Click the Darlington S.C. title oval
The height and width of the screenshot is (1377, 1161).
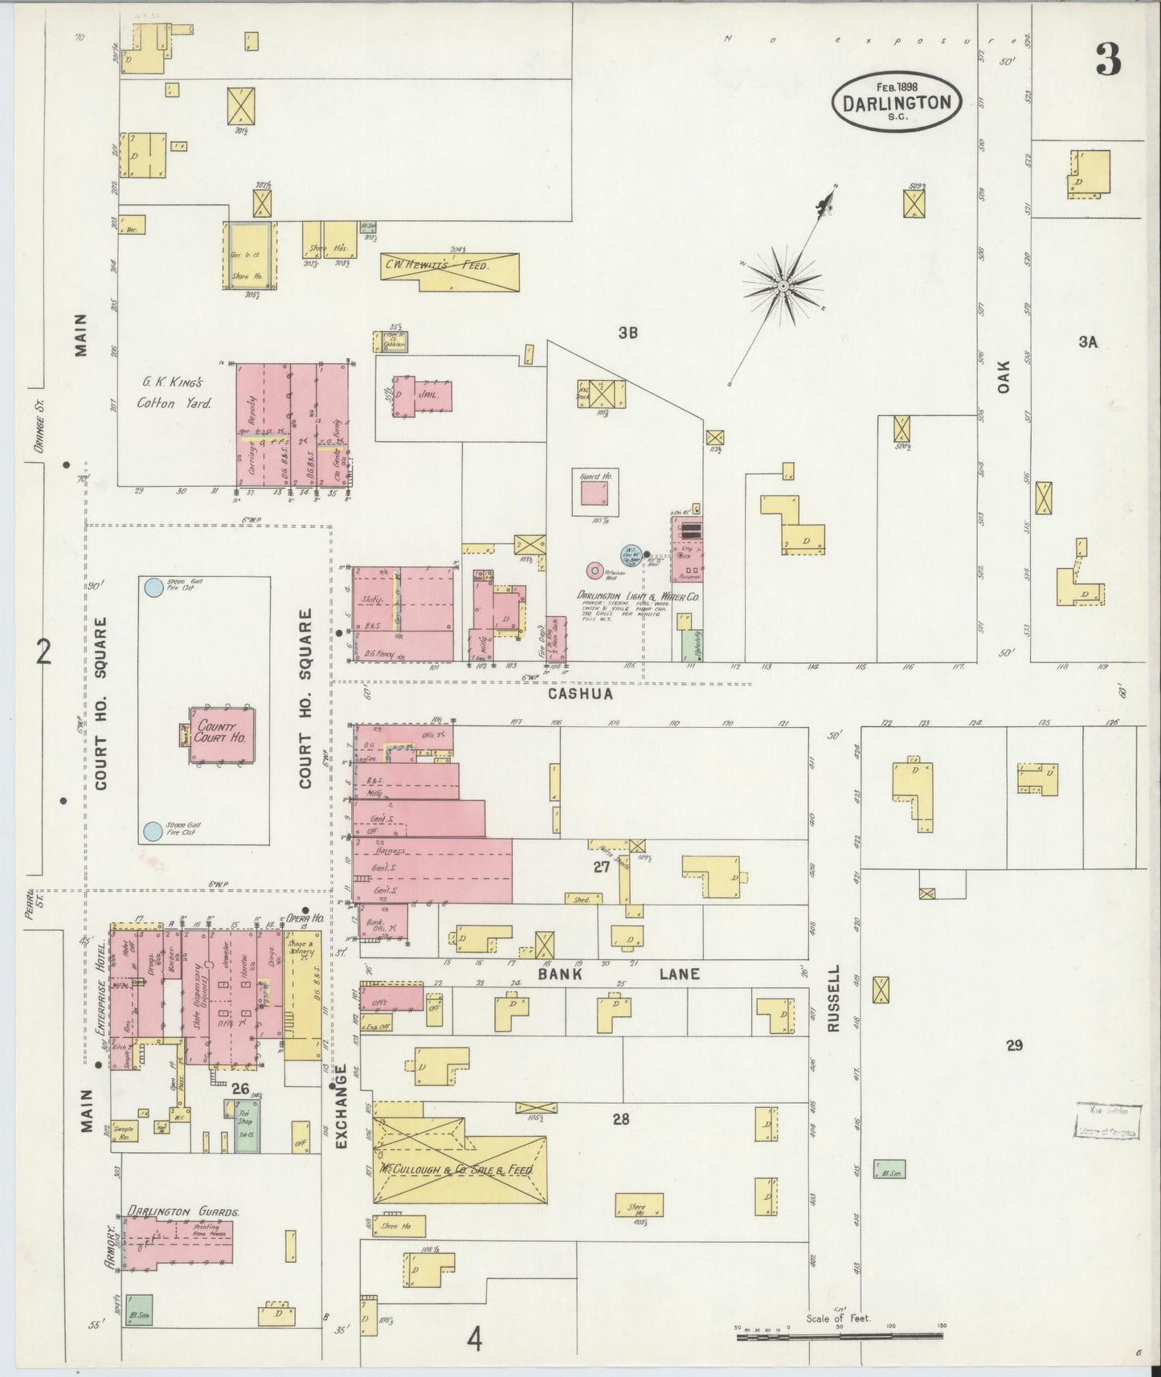pyautogui.click(x=896, y=101)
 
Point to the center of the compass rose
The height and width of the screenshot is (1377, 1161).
pyautogui.click(x=781, y=285)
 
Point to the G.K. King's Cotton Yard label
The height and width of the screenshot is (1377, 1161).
pyautogui.click(x=174, y=393)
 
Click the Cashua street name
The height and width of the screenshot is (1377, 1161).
pyautogui.click(x=582, y=693)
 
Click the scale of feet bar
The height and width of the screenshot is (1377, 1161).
pyautogui.click(x=839, y=1336)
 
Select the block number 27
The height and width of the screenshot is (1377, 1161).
pyautogui.click(x=601, y=867)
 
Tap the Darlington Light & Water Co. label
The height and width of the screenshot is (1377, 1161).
pyautogui.click(x=637, y=596)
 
